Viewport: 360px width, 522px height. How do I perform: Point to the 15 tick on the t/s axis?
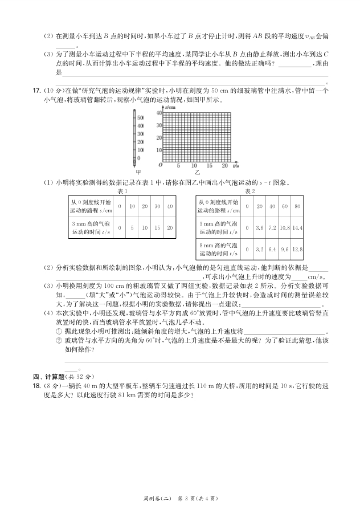coord(209,165)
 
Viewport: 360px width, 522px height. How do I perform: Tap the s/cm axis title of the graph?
coord(169,107)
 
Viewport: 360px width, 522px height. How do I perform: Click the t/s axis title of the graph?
coord(234,165)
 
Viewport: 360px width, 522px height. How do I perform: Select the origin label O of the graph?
coord(160,165)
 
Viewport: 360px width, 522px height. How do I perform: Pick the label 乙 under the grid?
coord(197,172)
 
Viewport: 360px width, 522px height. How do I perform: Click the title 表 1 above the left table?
coord(121,191)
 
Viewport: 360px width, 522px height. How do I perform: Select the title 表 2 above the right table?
coord(249,191)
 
